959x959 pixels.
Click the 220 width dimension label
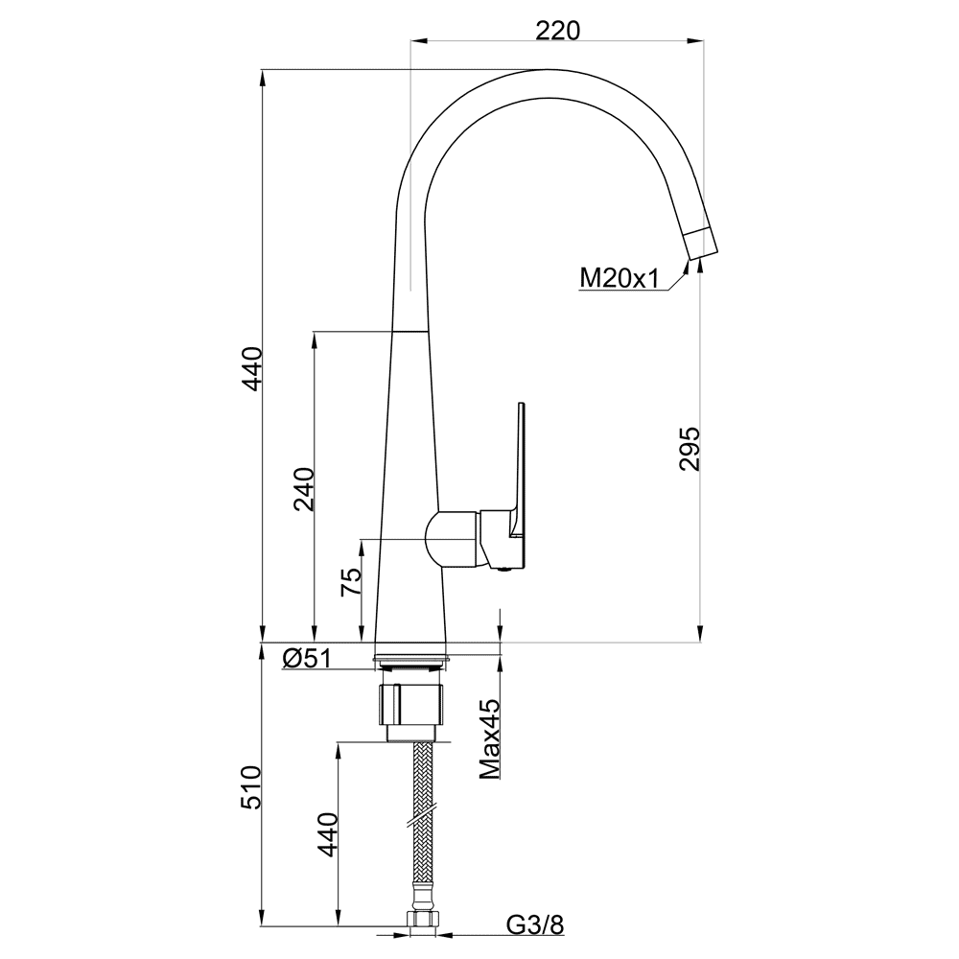coord(556,30)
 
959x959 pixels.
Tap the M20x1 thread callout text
coord(619,279)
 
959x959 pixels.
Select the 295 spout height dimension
coord(690,448)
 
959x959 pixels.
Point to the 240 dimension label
coord(304,489)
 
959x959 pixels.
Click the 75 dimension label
coord(351,582)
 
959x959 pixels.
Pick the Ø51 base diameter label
coord(307,658)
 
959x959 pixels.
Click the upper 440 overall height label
coord(251,368)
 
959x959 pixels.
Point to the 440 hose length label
coord(328,834)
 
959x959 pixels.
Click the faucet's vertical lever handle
coord(519,471)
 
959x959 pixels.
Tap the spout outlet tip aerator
coord(700,243)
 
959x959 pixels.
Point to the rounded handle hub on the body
coord(453,538)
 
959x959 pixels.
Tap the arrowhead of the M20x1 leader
coord(685,268)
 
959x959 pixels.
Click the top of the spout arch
coord(549,71)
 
